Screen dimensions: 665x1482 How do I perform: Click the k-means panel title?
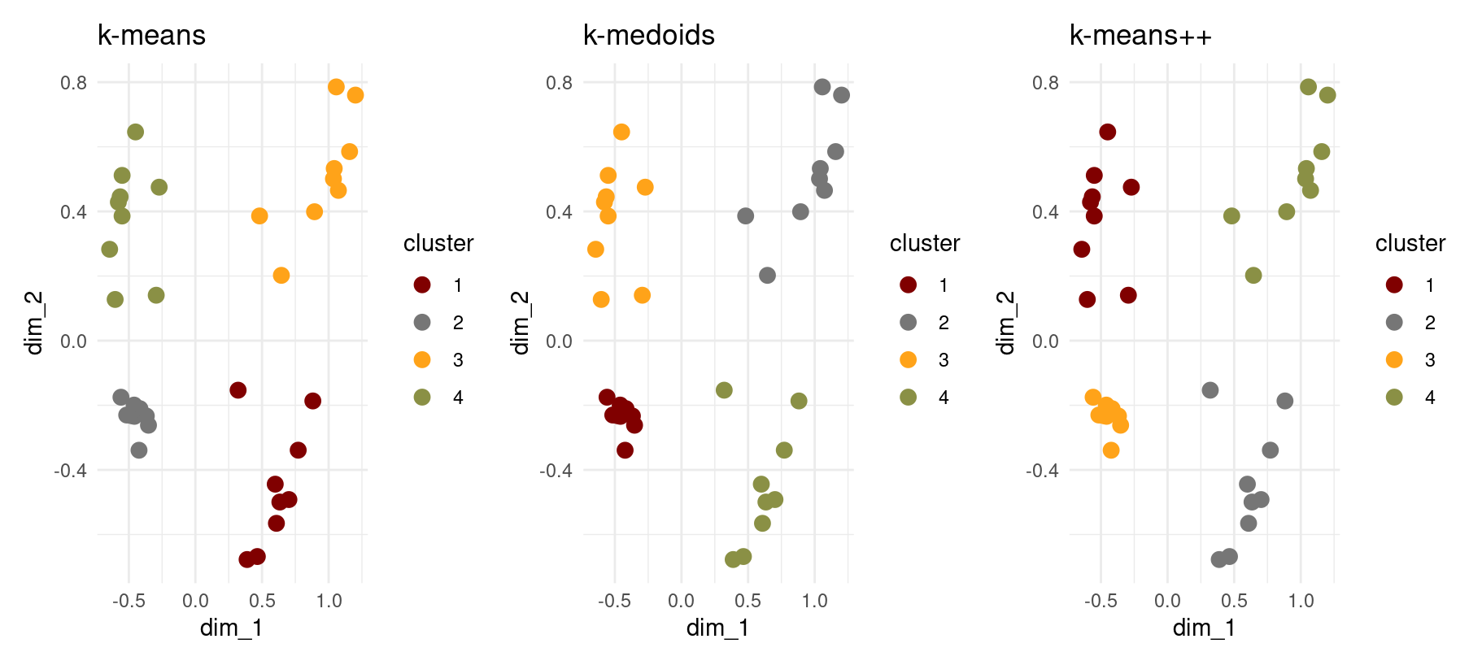pos(151,36)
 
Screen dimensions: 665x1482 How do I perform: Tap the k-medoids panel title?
pos(648,36)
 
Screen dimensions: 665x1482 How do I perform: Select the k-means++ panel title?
pos(1140,36)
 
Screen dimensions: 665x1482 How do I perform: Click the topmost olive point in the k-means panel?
pos(136,132)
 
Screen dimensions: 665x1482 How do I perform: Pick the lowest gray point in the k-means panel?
pos(139,450)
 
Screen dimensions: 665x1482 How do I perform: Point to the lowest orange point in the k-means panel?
pos(281,276)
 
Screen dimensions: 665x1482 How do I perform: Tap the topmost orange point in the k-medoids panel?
pos(621,132)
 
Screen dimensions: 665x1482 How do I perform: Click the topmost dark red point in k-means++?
pos(1107,132)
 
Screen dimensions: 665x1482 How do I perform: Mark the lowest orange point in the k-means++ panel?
pos(1111,450)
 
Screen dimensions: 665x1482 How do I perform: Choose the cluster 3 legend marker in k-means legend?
pos(422,359)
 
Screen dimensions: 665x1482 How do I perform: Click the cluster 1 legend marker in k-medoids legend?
pos(909,285)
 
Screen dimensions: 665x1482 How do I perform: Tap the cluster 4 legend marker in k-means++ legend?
pos(1394,397)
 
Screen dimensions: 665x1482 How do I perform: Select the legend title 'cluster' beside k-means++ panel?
pos(1410,244)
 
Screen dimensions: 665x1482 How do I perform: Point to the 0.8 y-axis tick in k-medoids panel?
pos(559,82)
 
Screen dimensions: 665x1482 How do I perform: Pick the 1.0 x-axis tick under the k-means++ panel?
pos(1301,601)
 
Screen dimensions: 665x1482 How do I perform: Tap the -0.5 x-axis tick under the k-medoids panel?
pos(614,601)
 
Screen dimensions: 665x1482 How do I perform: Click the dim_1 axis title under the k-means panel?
pos(231,628)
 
